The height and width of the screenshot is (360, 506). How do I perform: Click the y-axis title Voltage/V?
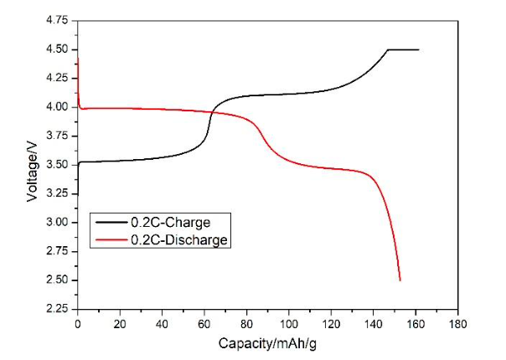(x=32, y=165)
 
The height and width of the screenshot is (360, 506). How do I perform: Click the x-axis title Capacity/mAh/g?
(x=267, y=343)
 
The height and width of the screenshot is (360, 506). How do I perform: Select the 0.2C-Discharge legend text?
(x=178, y=240)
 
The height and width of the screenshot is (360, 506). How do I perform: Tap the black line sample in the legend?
(x=110, y=224)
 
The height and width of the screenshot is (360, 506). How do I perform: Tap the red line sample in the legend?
(x=110, y=240)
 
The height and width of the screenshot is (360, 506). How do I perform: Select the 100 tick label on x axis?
(x=289, y=323)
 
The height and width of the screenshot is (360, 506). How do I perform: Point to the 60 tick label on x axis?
(x=204, y=323)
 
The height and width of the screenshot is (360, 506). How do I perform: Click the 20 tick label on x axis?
(x=120, y=323)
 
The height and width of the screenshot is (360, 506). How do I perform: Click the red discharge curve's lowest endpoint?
(x=400, y=280)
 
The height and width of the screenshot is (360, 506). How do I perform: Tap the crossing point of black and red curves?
(x=211, y=112)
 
